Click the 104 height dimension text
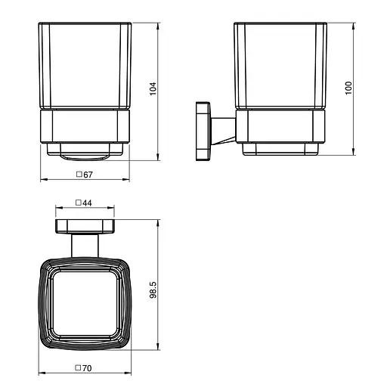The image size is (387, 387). (x=153, y=89)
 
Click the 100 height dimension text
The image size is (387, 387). (x=348, y=88)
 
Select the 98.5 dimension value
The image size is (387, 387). (x=153, y=290)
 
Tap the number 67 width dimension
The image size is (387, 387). (x=88, y=175)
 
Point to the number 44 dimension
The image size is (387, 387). (x=87, y=203)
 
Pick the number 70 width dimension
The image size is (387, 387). (x=87, y=368)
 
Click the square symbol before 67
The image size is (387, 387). (x=79, y=174)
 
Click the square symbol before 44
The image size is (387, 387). (x=79, y=203)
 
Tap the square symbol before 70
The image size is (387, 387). (x=78, y=368)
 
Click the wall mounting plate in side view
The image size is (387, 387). (x=203, y=131)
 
